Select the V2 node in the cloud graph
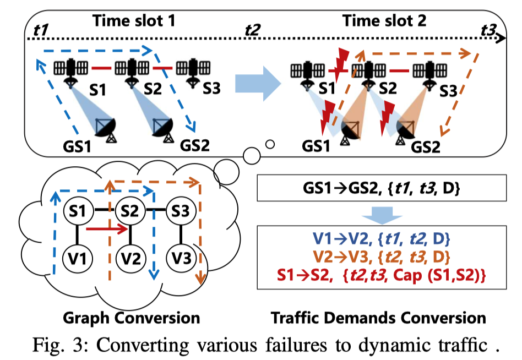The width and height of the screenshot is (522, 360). click(129, 257)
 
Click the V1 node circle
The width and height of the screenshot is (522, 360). click(77, 257)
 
